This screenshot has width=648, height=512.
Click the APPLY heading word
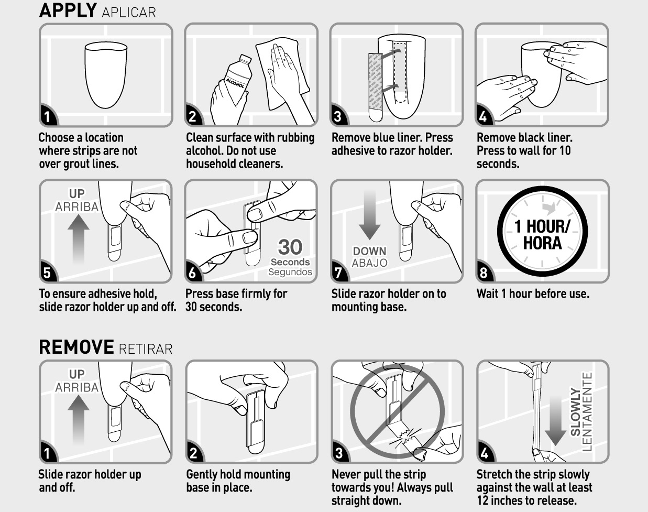click(x=68, y=10)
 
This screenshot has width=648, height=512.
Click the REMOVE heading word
click(x=76, y=347)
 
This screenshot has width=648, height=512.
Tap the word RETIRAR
click(x=146, y=349)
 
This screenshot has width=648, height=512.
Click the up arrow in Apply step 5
click(x=78, y=238)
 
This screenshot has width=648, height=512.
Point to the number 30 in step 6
click(x=290, y=247)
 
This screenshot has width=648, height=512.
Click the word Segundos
click(x=290, y=272)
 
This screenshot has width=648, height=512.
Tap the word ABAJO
click(x=369, y=263)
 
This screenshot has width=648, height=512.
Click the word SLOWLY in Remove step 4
click(x=575, y=412)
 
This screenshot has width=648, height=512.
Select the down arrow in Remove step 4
click(x=556, y=420)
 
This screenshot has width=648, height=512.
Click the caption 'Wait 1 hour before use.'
click(x=533, y=293)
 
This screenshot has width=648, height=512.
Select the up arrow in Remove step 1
click(x=78, y=419)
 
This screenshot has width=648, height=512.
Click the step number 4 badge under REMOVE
click(x=485, y=453)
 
